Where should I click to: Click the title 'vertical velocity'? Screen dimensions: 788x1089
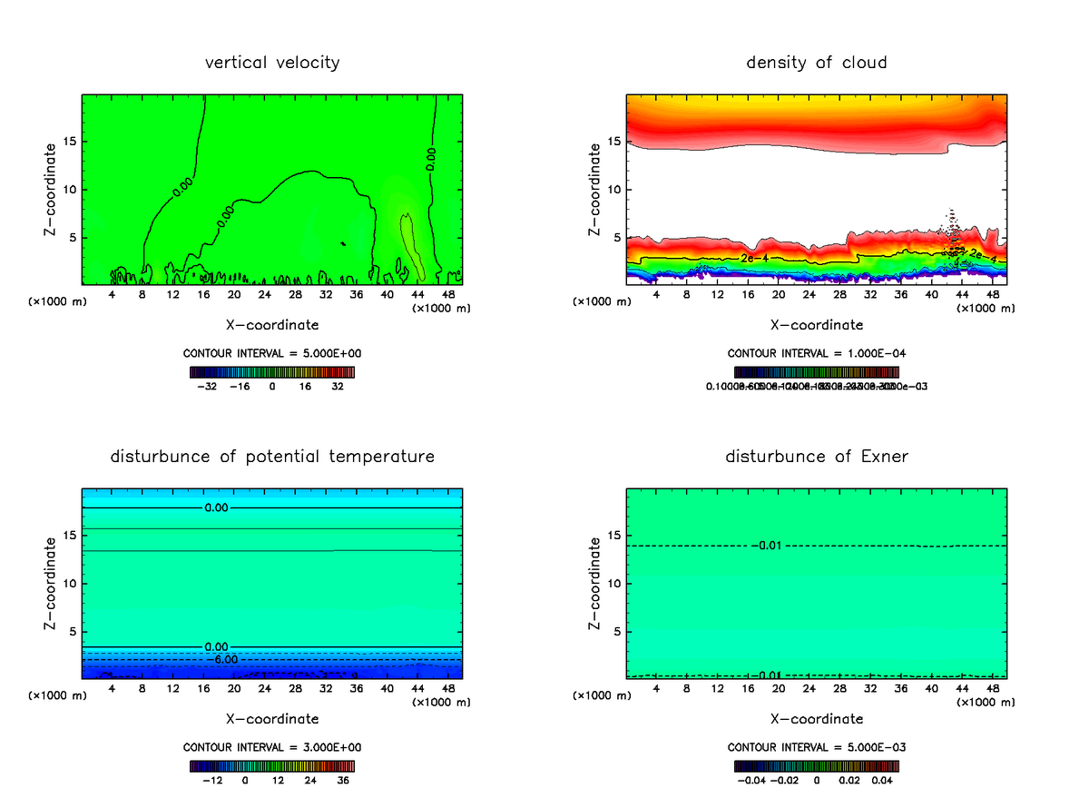point(272,63)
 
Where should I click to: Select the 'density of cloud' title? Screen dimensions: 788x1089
point(816,63)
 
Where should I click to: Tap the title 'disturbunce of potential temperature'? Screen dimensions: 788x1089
point(272,457)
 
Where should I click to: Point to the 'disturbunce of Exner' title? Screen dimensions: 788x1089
point(816,457)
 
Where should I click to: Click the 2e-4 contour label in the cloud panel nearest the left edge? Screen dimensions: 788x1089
point(753,259)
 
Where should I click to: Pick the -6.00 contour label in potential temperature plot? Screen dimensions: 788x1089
point(221,659)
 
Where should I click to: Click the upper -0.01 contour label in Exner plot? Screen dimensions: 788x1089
point(767,546)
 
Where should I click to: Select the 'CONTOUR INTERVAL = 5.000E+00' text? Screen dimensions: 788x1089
point(272,353)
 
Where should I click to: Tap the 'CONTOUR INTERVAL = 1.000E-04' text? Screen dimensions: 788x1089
point(816,353)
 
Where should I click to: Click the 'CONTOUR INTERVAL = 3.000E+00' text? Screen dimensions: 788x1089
point(272,747)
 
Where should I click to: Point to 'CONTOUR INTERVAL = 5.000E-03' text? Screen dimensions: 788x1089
point(816,747)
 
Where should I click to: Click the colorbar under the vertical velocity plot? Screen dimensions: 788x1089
point(272,372)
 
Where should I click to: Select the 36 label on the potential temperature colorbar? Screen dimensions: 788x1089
point(343,779)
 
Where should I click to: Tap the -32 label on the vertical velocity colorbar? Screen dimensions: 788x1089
point(211,386)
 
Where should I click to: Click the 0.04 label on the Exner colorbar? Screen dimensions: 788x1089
point(883,779)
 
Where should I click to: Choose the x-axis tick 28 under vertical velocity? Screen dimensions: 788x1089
point(264,294)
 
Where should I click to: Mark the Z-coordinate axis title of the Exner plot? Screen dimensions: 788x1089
point(595,583)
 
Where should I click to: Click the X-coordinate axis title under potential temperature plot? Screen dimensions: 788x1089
point(272,719)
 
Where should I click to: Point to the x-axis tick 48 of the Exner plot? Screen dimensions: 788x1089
point(992,688)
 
